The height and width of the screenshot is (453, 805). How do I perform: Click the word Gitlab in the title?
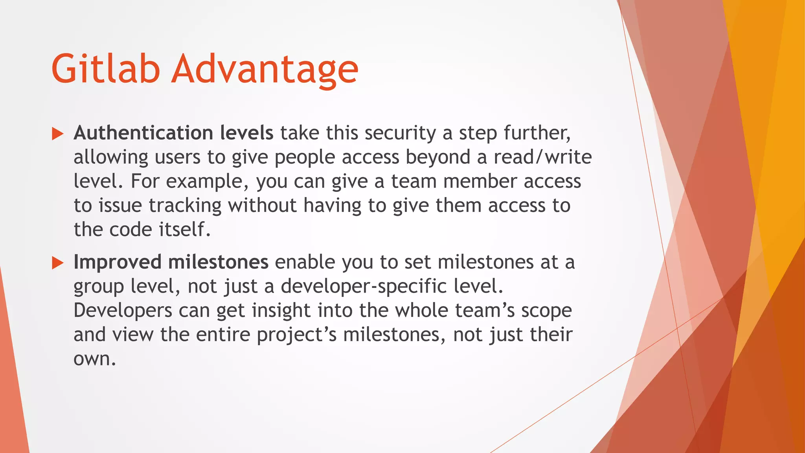pyautogui.click(x=105, y=69)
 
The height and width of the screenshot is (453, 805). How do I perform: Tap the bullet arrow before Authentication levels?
pyautogui.click(x=57, y=134)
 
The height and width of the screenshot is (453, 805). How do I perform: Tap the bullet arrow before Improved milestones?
pyautogui.click(x=57, y=263)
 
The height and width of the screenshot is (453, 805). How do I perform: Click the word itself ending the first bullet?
pyautogui.click(x=184, y=230)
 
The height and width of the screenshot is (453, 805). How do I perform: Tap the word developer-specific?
pyautogui.click(x=364, y=287)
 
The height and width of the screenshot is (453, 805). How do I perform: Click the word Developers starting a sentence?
pyautogui.click(x=123, y=311)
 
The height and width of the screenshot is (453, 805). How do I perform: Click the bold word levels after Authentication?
pyautogui.click(x=246, y=133)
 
